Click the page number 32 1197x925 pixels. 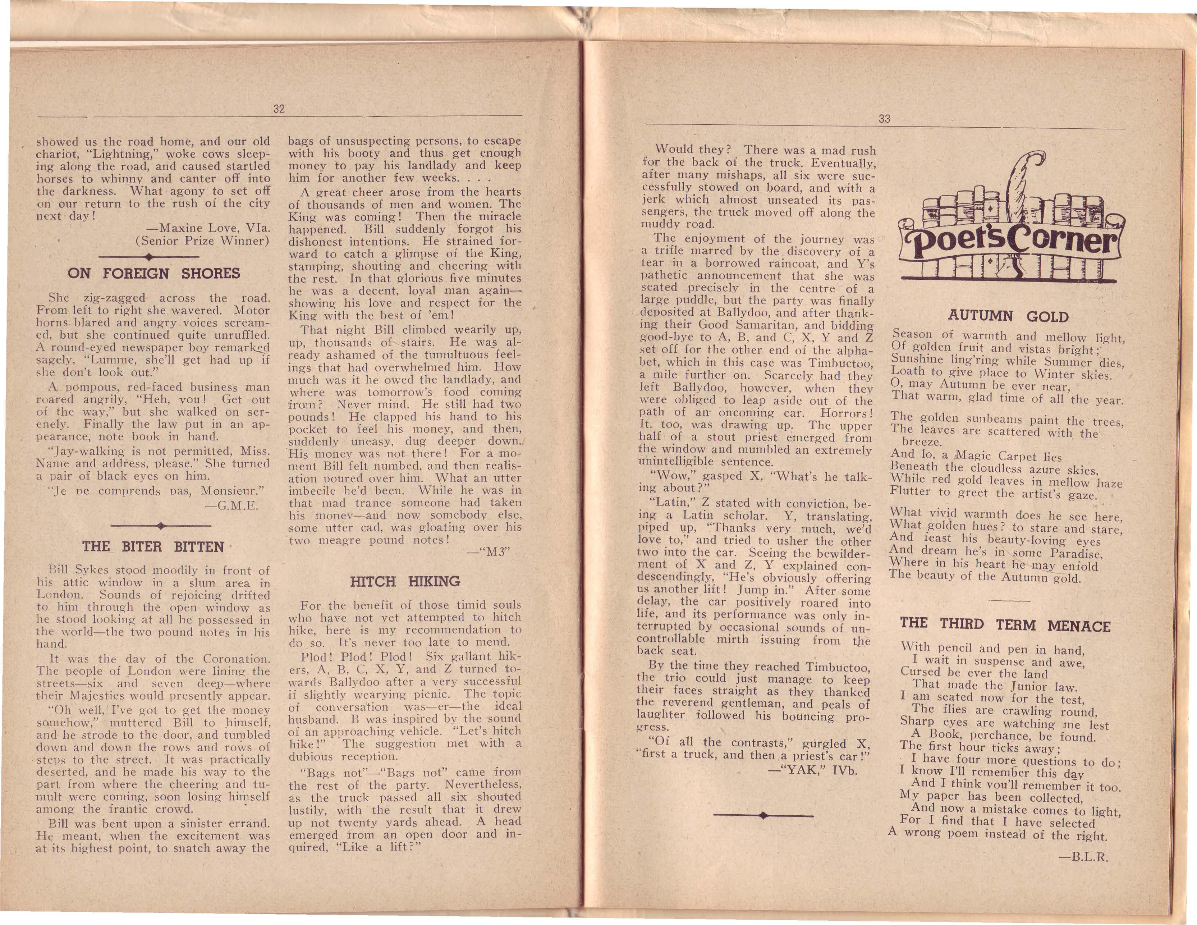click(279, 109)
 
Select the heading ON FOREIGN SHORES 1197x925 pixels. click(153, 274)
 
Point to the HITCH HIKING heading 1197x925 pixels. click(405, 581)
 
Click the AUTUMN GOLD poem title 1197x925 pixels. click(1008, 316)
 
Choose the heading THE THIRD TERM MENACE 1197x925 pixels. click(1005, 624)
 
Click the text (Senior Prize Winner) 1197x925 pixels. click(202, 241)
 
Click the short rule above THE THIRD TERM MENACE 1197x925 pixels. click(1008, 601)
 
